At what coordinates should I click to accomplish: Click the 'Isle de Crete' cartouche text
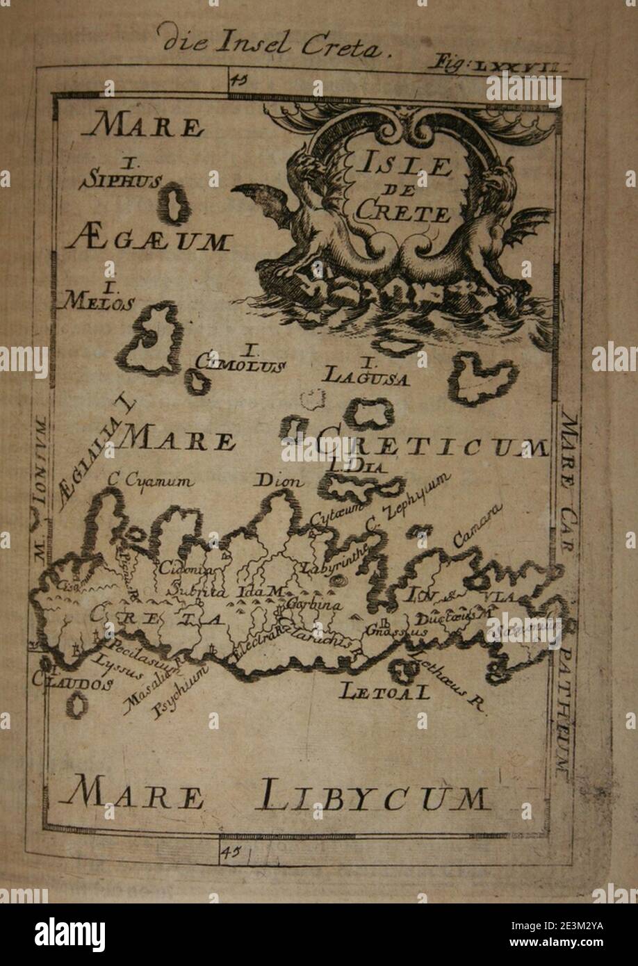(x=404, y=188)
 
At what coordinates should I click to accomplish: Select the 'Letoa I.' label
(x=384, y=691)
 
